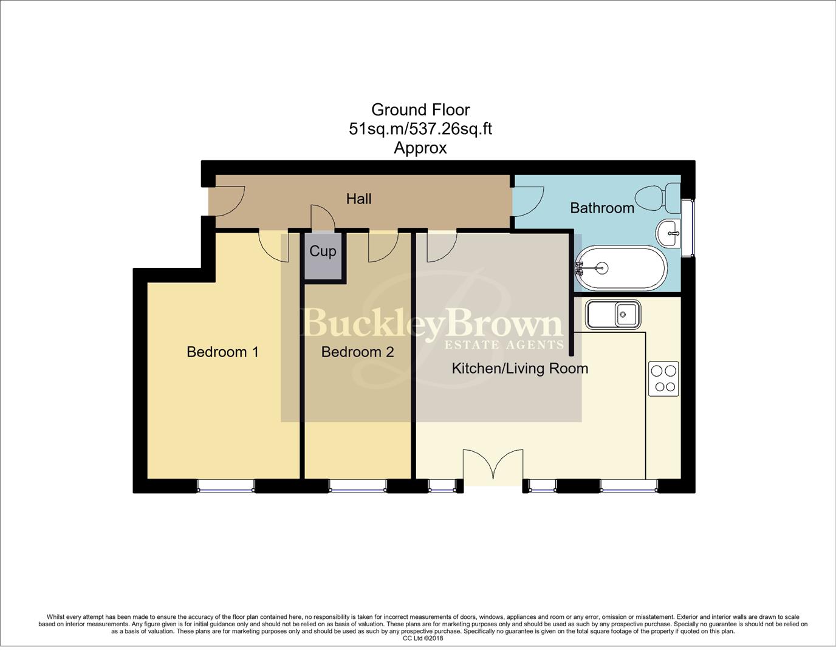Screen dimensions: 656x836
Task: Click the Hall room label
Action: point(358,199)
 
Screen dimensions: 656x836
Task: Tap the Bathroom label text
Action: point(601,208)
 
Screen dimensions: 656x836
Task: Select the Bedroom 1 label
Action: point(222,352)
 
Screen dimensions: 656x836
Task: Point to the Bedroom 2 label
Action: point(357,352)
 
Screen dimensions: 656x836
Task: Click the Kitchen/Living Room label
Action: point(519,368)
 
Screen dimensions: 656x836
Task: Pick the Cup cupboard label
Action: point(323,251)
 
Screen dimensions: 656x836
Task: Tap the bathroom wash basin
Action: point(670,233)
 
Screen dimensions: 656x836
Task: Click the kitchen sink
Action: point(612,315)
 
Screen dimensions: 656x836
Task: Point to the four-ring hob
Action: point(663,378)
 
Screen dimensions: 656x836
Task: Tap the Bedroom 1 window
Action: point(225,485)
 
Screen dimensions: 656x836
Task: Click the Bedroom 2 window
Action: point(357,485)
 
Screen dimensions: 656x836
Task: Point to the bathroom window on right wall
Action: point(687,227)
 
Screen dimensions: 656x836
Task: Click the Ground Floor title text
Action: point(420,110)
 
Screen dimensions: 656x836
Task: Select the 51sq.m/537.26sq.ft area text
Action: point(420,129)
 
